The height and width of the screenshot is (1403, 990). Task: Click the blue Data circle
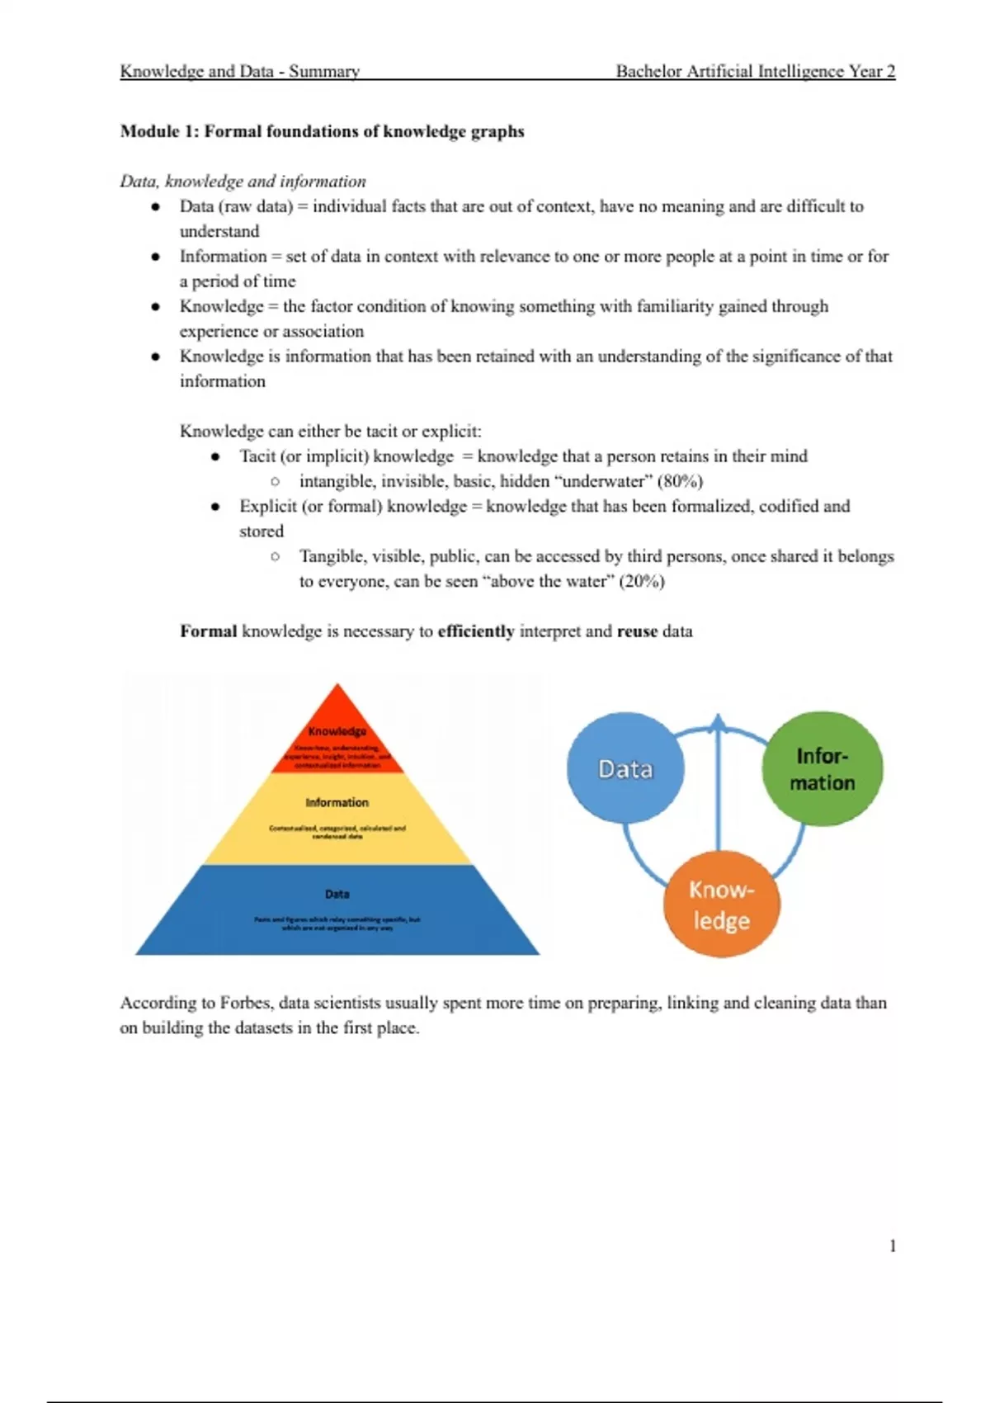point(625,768)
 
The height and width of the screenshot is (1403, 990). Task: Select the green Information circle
point(822,768)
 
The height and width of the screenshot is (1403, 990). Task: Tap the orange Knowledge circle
point(722,904)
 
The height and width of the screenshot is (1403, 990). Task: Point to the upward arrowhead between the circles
point(719,723)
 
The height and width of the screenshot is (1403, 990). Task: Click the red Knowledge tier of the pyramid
point(337,739)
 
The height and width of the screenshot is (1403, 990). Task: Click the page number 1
point(893,1246)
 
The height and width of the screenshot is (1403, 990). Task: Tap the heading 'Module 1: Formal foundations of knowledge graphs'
point(322,131)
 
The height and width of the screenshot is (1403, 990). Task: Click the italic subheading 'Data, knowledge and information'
point(243,182)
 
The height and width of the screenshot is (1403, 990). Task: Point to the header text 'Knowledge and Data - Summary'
point(239,71)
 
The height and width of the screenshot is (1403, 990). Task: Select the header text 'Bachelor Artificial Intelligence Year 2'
point(755,71)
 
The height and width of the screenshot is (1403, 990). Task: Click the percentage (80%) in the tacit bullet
point(680,481)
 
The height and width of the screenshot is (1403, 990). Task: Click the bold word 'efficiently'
point(475,631)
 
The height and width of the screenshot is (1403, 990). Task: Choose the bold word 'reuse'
point(637,631)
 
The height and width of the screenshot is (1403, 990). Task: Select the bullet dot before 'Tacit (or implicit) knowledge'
point(215,456)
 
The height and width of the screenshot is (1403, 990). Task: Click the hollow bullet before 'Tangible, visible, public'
point(275,556)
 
